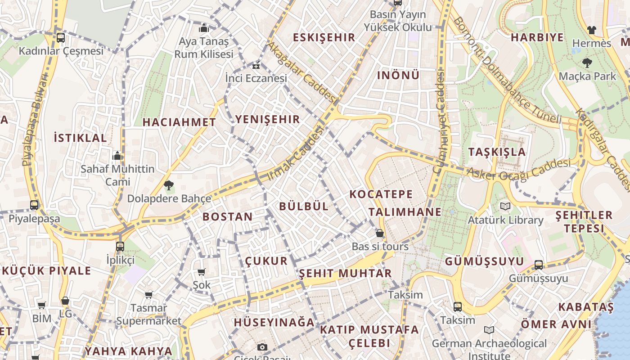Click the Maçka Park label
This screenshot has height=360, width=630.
pos(587,76)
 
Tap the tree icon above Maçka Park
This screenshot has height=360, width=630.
pos(587,63)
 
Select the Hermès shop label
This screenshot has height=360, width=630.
pos(591,43)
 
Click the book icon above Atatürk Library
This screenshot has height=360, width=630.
pos(505,207)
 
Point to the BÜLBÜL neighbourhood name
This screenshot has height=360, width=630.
pos(304,207)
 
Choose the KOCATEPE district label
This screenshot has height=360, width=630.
pos(381,194)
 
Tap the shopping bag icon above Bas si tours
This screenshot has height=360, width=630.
pos(380,233)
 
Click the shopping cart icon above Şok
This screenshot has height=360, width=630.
pos(202,272)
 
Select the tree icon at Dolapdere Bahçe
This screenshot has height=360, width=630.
pos(169,185)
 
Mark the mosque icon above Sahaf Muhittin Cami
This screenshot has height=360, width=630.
pos(117,156)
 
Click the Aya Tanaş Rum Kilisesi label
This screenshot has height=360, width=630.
pos(204,48)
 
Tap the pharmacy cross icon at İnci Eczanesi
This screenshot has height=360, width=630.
pos(256,66)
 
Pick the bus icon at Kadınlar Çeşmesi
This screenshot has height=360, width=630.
pos(61,38)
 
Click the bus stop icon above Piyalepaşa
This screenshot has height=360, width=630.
pos(34,205)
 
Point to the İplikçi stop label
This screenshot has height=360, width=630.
pos(120,260)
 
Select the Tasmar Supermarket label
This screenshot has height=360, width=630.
pos(148,315)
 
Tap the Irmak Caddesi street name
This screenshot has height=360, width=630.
pos(296,153)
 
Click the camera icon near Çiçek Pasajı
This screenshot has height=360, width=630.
pos(262,347)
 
